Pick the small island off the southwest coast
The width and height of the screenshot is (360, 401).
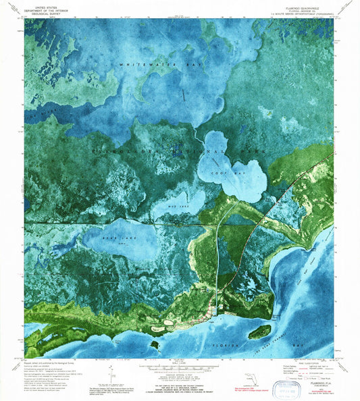(155, 344)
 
